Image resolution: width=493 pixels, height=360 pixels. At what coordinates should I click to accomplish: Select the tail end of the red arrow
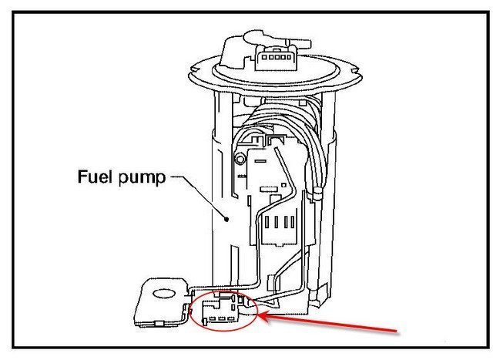(398, 333)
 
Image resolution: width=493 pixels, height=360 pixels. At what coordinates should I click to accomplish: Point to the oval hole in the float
(163, 293)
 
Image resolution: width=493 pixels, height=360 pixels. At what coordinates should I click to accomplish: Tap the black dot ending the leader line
(226, 219)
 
